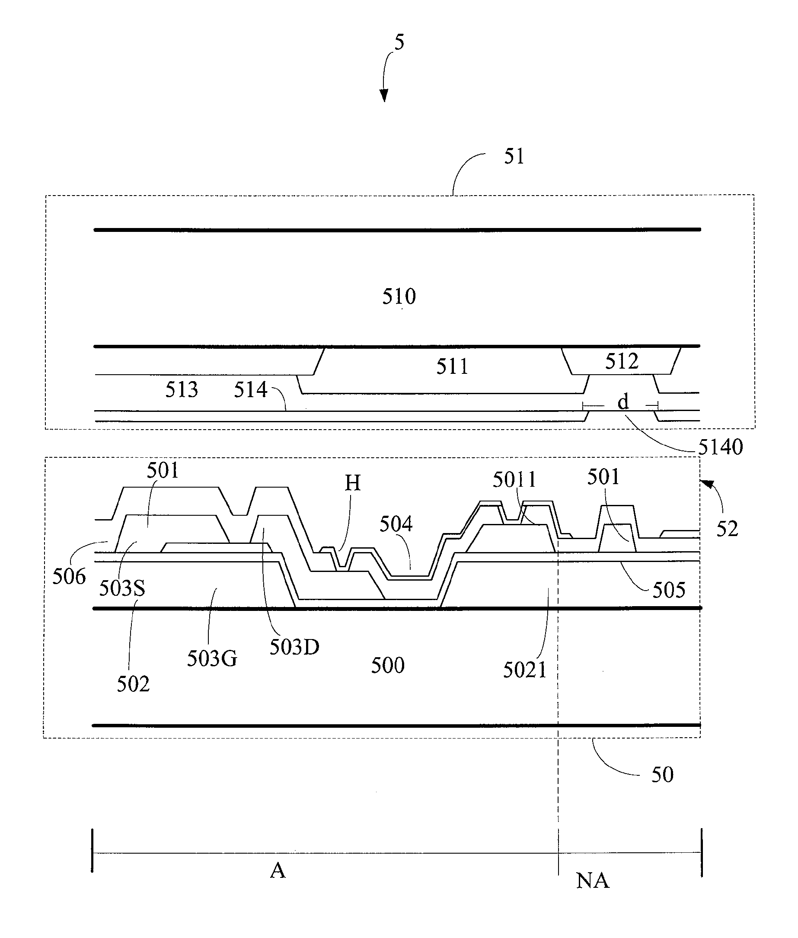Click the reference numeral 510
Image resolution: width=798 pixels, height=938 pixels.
pyautogui.click(x=399, y=296)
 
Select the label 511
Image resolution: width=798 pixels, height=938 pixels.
pyautogui.click(x=452, y=366)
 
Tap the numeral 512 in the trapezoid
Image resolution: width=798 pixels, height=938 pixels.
pyautogui.click(x=622, y=361)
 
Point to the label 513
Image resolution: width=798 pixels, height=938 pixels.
pyautogui.click(x=182, y=389)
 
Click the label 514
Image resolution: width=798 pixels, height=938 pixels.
pyautogui.click(x=250, y=389)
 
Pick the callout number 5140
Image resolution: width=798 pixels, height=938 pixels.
pyautogui.click(x=721, y=447)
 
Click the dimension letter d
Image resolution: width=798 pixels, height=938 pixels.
pyautogui.click(x=623, y=401)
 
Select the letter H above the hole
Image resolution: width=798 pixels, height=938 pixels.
pyautogui.click(x=352, y=483)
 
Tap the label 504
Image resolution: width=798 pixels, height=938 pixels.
pyautogui.click(x=396, y=524)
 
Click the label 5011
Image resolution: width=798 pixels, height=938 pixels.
pyautogui.click(x=514, y=479)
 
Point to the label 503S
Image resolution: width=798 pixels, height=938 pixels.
pyautogui.click(x=122, y=588)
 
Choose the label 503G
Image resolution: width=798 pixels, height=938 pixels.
pyautogui.click(x=212, y=658)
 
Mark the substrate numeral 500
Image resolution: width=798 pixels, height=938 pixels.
pyautogui.click(x=388, y=665)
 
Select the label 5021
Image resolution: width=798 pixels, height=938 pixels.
pyautogui.click(x=525, y=670)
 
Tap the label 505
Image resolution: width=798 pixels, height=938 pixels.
pyautogui.click(x=669, y=590)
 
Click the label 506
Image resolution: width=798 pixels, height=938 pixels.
pyautogui.click(x=69, y=576)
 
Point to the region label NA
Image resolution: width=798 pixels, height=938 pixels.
pyautogui.click(x=593, y=880)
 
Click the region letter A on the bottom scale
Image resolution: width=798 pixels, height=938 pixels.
pyautogui.click(x=278, y=870)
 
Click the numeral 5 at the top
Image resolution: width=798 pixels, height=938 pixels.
pyautogui.click(x=399, y=42)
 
